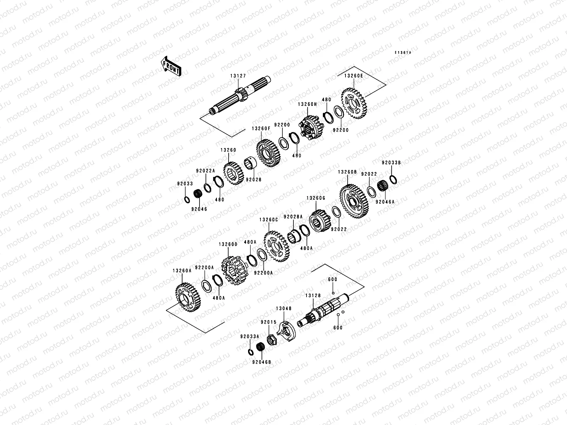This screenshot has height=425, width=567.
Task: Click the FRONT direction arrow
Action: coord(172,66)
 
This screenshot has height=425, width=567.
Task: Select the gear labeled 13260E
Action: coord(355,103)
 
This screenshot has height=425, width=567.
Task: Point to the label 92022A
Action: coord(206,171)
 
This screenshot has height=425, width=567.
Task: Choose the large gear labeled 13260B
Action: coord(352,201)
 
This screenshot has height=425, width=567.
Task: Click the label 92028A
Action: coord(293,217)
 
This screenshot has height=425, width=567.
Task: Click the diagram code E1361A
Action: coord(403,53)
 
